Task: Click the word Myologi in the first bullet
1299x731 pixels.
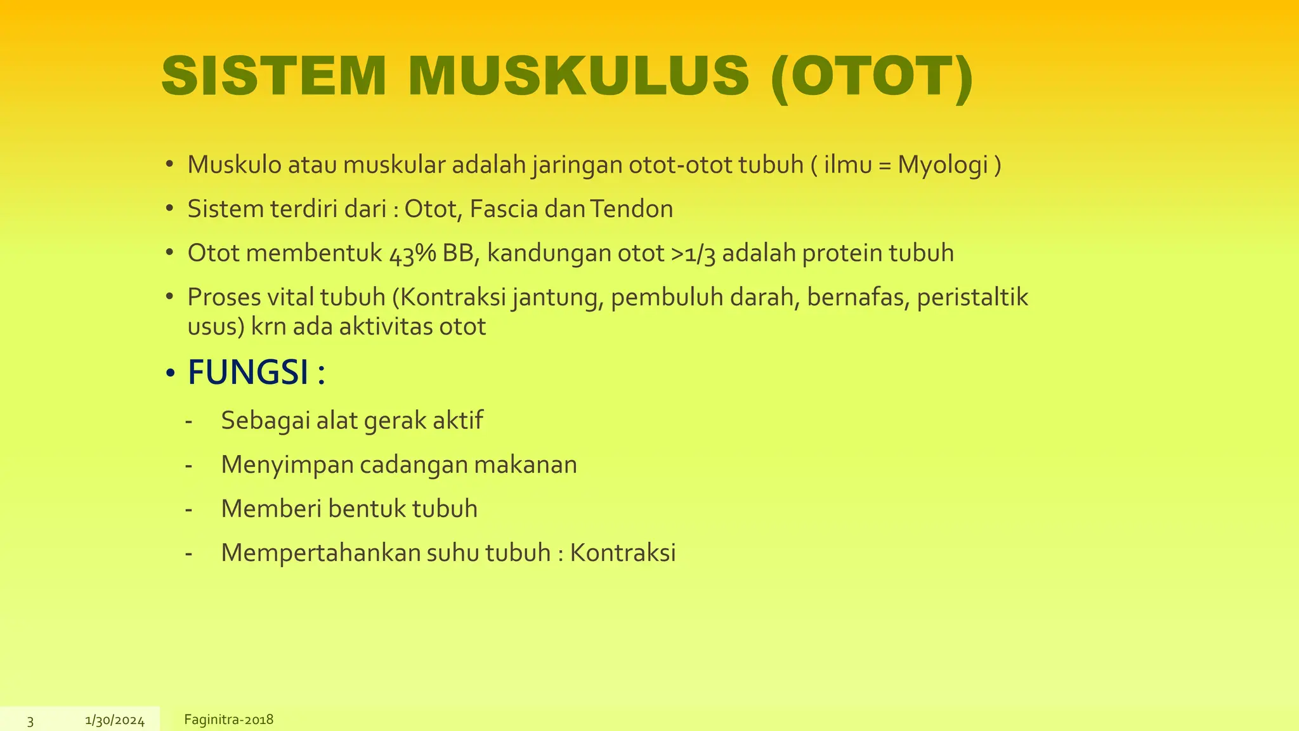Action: coord(943,165)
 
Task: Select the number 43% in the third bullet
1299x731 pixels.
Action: coord(412,253)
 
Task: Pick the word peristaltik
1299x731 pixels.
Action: coord(972,298)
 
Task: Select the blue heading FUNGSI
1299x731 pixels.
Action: coord(248,372)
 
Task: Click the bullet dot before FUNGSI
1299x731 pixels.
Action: coord(169,374)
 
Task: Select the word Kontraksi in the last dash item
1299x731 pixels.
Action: coord(623,553)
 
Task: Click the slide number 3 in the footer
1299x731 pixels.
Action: coord(30,721)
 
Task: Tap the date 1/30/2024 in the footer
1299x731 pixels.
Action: coord(115,721)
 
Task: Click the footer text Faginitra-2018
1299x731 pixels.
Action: coord(228,720)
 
